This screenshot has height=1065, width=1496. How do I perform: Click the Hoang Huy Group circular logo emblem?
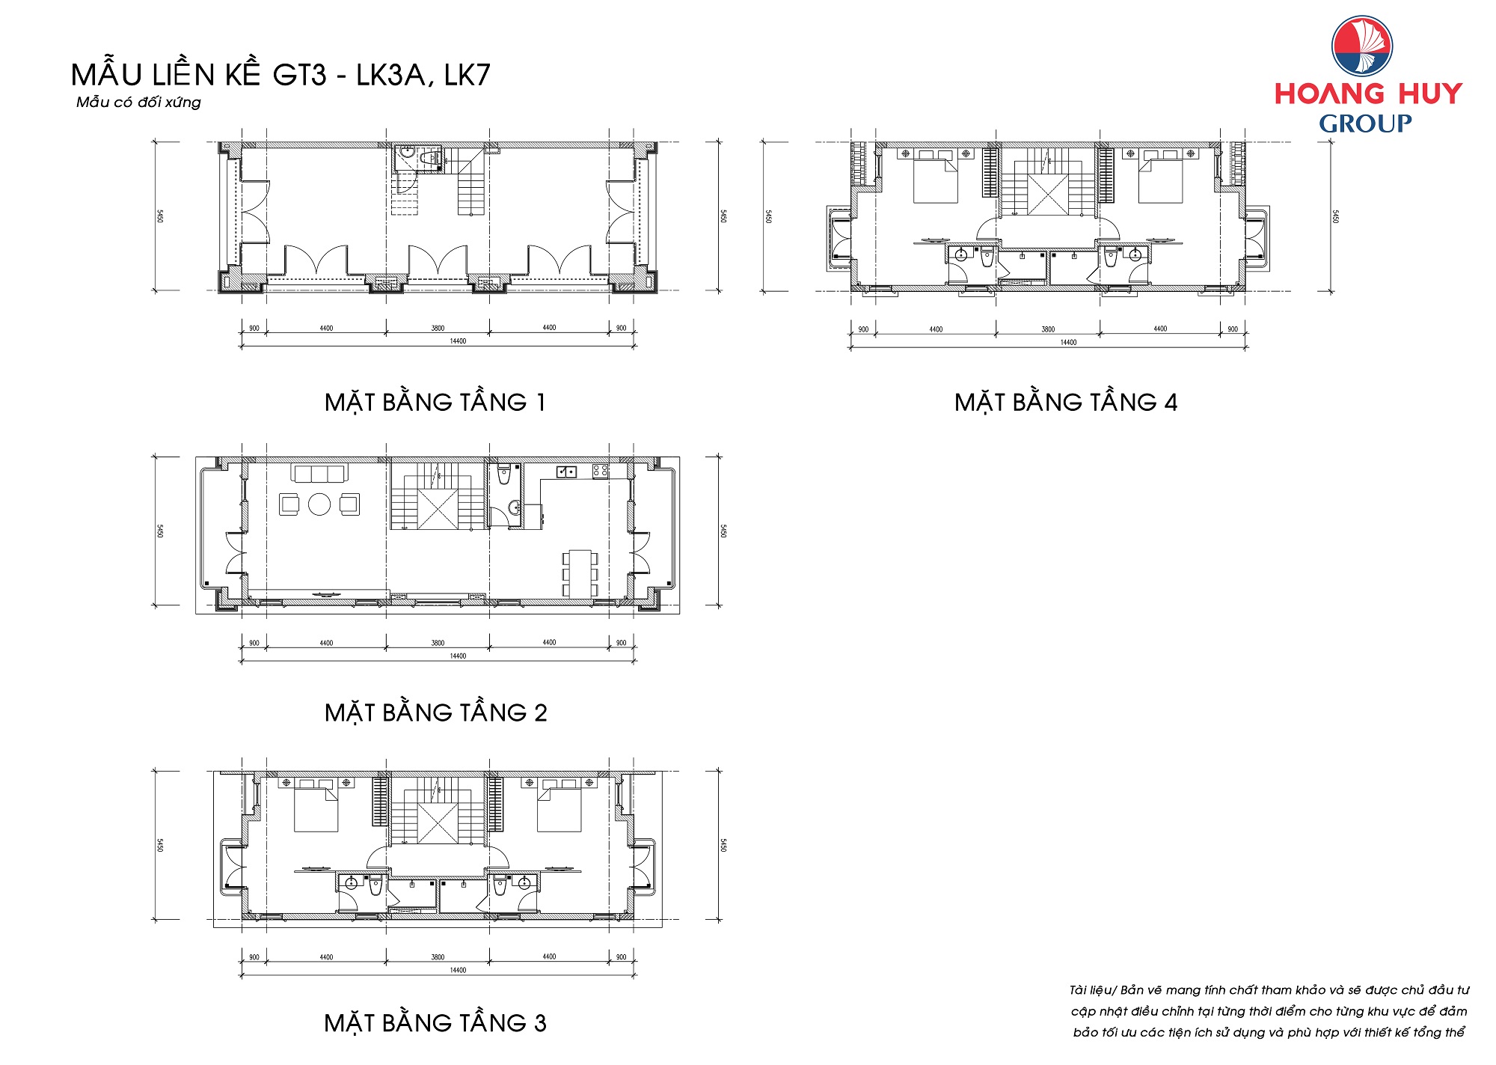click(x=1362, y=46)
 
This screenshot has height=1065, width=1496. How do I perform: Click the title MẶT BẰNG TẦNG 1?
click(x=435, y=403)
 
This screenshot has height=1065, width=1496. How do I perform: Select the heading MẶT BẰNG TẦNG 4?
click(x=1066, y=403)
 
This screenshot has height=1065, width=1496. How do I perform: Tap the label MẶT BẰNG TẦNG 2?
click(x=435, y=712)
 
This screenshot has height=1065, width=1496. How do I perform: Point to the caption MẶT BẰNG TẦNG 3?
click(x=435, y=1023)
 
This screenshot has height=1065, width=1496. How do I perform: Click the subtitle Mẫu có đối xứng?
click(x=138, y=102)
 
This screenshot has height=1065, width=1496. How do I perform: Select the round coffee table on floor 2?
click(x=319, y=504)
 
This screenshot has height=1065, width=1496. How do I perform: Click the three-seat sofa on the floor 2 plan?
click(x=319, y=474)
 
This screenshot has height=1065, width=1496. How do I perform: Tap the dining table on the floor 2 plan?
click(x=580, y=573)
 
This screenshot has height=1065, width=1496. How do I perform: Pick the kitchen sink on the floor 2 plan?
click(x=566, y=472)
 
